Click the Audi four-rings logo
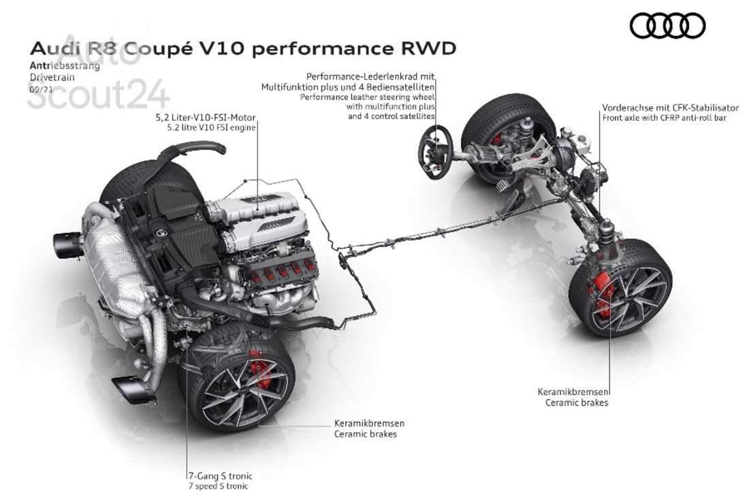click(667, 26)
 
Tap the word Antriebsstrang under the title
click(65, 67)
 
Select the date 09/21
click(39, 89)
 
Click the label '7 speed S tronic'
click(219, 486)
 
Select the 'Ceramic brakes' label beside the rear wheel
click(365, 433)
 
